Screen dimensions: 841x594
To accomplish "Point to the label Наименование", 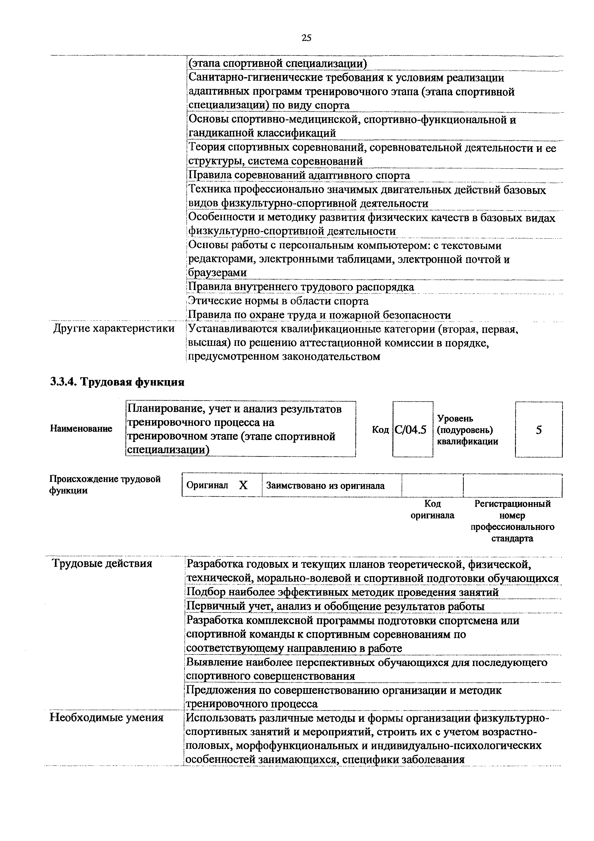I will (81, 429).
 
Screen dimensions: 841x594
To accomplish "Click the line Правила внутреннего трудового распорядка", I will (301, 287).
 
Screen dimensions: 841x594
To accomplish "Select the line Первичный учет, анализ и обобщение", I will (335, 607).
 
